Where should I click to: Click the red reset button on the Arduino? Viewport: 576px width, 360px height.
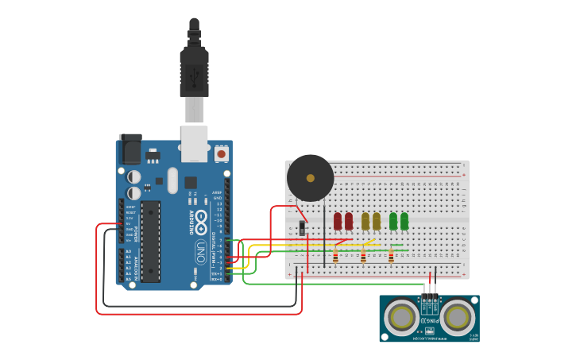coord(221,153)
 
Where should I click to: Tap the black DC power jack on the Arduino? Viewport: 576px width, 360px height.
coord(130,149)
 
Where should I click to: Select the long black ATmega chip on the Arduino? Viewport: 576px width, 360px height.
coord(151,241)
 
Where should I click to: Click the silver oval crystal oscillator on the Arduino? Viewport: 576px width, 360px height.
coord(172,180)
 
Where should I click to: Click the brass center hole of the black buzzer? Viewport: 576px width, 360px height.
coord(310,178)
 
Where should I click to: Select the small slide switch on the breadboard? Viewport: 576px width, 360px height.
coord(303,228)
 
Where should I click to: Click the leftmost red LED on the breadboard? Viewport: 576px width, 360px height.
coord(338,220)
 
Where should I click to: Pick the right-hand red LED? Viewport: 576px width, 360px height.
coord(349,220)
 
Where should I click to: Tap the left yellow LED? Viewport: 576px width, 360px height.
coord(365,220)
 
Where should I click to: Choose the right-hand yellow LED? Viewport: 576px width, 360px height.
coord(377,220)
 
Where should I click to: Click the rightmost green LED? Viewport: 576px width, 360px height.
coord(404,220)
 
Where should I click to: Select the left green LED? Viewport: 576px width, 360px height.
coord(393,220)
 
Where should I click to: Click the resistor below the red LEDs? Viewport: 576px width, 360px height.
coord(335,256)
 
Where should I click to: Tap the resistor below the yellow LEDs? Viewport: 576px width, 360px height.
coord(363,256)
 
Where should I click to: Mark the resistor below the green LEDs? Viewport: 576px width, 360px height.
coord(391,256)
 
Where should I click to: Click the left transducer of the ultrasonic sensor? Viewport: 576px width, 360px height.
coord(400,317)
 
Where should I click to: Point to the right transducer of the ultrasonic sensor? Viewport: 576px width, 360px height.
coord(458,317)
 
